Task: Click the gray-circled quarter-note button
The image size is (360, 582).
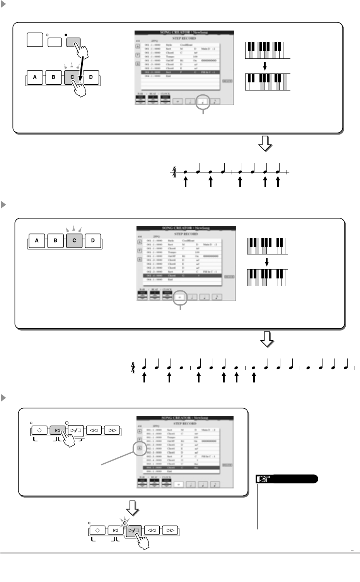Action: pos(204,102)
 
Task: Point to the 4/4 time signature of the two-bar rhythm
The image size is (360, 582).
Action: pos(175,172)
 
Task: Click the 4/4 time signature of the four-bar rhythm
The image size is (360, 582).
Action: pos(133,368)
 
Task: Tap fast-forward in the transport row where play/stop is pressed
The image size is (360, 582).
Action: pos(170,530)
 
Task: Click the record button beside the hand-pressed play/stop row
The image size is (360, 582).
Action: pos(97,530)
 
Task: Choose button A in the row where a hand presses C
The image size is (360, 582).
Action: pos(35,77)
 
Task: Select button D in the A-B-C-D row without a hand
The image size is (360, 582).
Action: pos(93,240)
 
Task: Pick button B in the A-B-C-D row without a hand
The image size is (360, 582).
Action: pos(55,240)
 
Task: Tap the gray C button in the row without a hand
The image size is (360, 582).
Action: pos(74,240)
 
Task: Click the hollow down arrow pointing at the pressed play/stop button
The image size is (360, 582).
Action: pos(133,509)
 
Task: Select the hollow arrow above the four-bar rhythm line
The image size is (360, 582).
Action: pos(267,340)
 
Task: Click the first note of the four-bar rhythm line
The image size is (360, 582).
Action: pos(144,368)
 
